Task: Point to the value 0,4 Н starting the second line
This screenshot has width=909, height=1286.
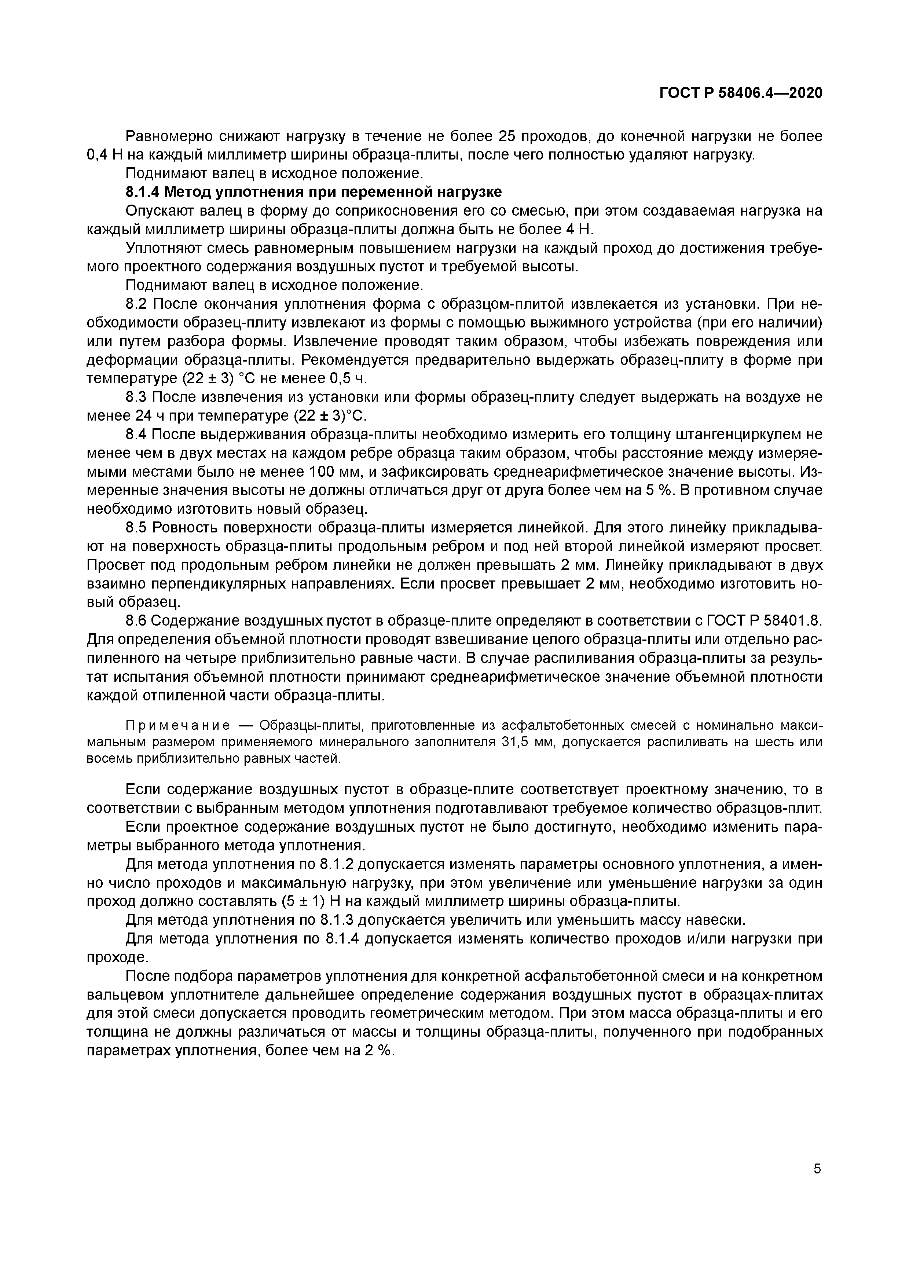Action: click(x=105, y=155)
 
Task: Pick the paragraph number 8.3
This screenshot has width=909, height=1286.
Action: click(x=137, y=397)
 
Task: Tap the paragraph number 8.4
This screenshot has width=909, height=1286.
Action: click(x=137, y=435)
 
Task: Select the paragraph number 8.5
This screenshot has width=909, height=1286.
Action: click(x=137, y=528)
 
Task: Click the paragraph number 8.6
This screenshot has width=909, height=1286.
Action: click(x=137, y=621)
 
